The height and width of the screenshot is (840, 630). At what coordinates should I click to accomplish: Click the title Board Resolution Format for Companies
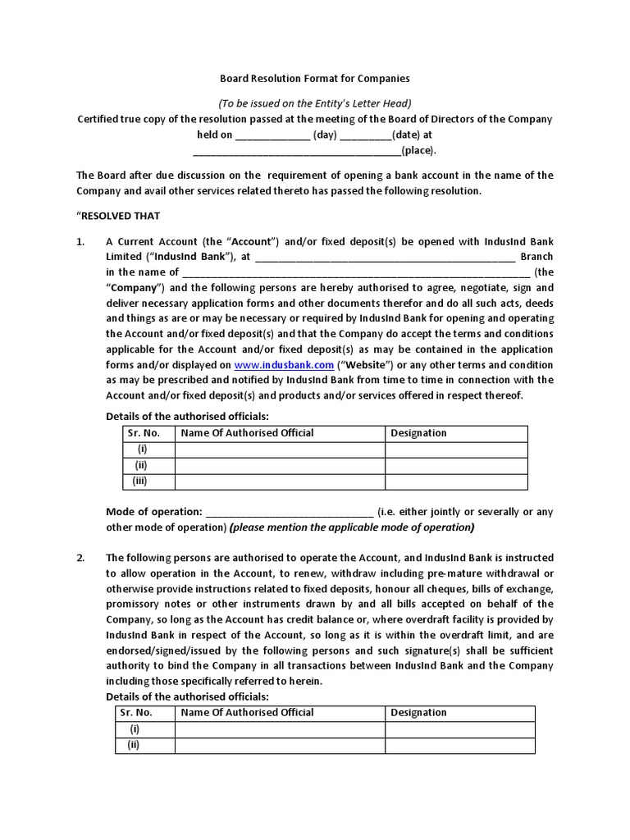314,79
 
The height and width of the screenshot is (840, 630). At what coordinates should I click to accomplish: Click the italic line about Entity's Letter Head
314,103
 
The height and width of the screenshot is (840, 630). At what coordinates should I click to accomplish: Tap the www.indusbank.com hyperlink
284,364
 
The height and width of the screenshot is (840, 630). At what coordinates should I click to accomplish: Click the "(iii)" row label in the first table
142,481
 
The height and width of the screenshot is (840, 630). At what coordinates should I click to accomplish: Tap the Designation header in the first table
418,433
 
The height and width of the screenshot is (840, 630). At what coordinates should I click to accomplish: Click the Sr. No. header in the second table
136,713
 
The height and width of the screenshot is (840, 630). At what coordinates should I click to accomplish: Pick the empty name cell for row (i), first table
280,450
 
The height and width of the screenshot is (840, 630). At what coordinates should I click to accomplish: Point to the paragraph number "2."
81,558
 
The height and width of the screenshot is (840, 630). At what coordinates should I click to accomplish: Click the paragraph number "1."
81,242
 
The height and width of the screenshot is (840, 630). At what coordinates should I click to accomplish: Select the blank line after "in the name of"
356,273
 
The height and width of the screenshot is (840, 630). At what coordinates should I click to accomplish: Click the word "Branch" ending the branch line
537,257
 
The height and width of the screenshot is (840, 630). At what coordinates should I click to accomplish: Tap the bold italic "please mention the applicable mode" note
352,527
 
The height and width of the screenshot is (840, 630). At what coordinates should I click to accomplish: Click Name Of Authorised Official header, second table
247,713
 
